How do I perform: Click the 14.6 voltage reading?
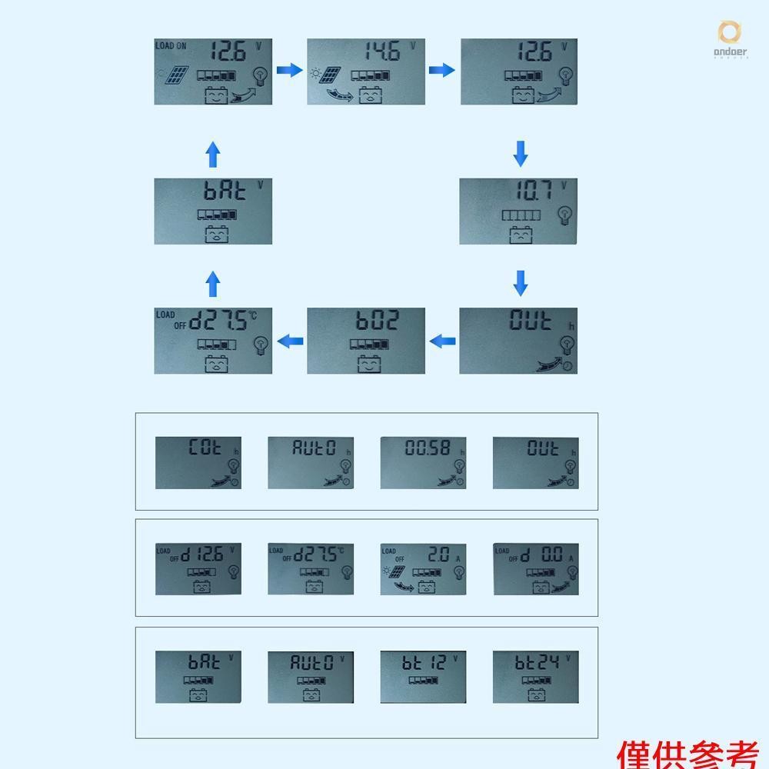point(381,52)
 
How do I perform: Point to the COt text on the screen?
point(205,448)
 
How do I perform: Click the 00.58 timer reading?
point(428,448)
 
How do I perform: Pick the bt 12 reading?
point(424,661)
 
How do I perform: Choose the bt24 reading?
point(538,661)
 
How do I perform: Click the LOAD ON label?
point(171,46)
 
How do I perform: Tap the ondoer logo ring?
point(729,33)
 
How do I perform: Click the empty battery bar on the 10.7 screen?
point(521,215)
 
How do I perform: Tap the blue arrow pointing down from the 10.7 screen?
point(521,282)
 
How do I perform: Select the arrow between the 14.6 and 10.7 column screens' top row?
point(441,71)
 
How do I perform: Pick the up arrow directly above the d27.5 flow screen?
point(213,284)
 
